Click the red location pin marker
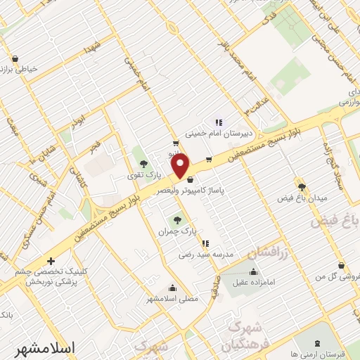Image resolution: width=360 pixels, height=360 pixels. point(181,167)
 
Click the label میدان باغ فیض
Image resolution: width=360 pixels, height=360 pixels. point(302,198)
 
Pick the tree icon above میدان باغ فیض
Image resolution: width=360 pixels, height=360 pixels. point(302,186)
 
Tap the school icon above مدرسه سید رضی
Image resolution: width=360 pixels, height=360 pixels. point(205,243)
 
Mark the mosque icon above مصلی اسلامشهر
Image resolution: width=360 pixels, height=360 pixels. point(173,287)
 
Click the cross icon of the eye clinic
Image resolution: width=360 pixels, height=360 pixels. point(50,260)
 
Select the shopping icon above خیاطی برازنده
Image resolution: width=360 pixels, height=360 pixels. point(15,58)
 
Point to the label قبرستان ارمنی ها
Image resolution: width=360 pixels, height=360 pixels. point(330,354)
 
